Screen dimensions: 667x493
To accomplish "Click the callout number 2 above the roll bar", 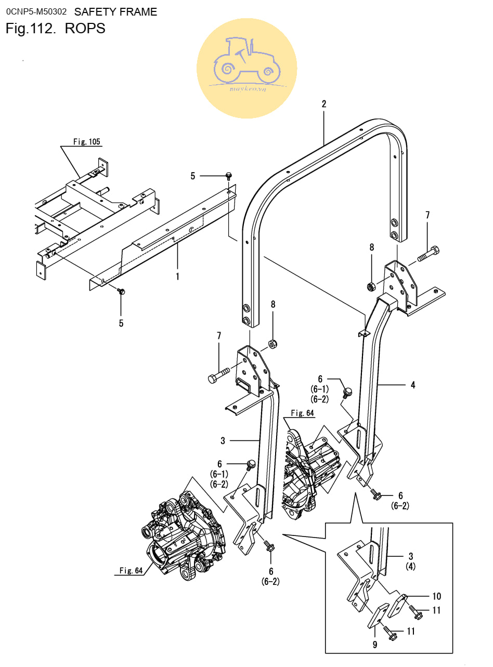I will click(323, 104).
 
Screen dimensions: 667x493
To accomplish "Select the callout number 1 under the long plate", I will click(177, 276).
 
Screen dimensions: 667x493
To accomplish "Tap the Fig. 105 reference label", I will click(87, 142).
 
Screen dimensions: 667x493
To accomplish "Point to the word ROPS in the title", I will click(85, 29).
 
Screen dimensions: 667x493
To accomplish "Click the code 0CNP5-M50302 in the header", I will click(36, 11).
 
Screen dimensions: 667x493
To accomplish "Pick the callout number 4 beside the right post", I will click(412, 385).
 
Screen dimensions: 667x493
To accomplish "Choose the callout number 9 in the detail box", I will click(374, 645).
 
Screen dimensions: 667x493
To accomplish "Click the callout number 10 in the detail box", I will click(436, 596).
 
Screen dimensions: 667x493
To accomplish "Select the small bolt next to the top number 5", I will click(228, 176).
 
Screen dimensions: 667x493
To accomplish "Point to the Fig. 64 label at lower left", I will click(131, 570).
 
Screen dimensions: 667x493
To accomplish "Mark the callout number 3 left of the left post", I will click(223, 441).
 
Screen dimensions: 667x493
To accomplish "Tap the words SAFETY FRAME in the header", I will click(115, 12).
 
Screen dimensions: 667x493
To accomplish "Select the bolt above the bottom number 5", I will click(121, 293).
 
